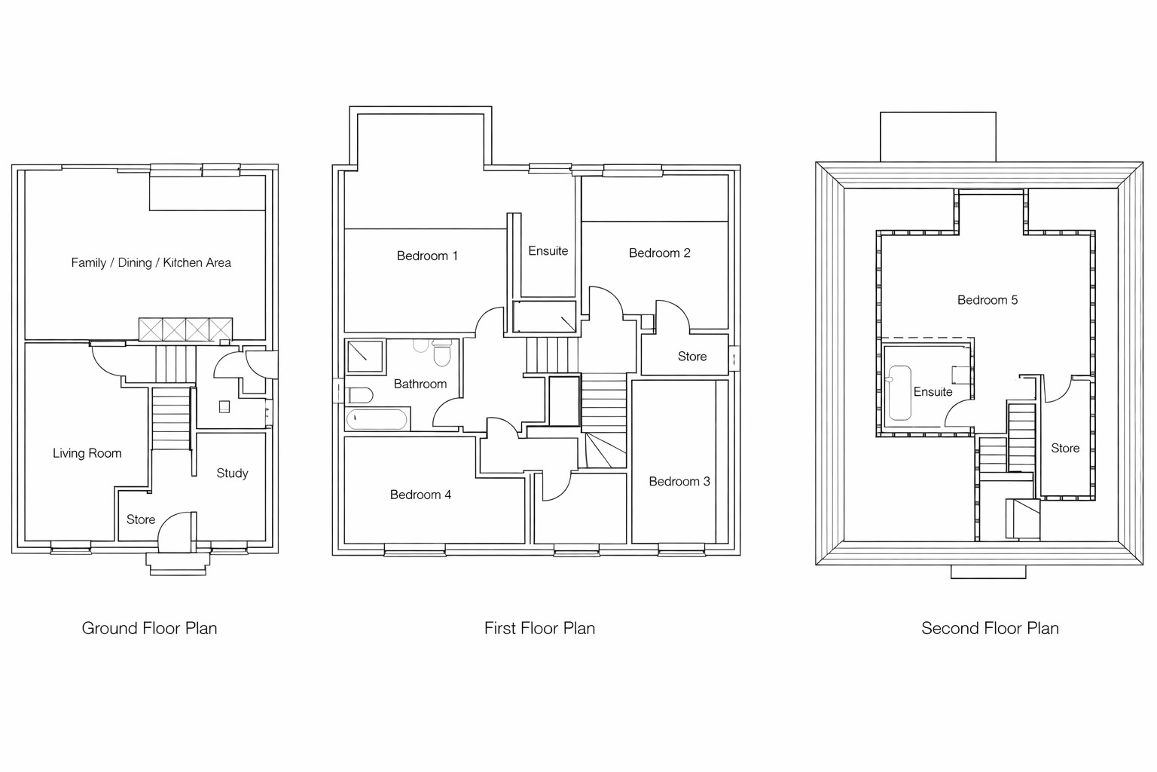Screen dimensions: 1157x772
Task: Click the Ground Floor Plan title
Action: click(149, 628)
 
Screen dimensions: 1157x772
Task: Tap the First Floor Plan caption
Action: click(539, 628)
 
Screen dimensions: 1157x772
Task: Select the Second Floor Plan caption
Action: click(991, 628)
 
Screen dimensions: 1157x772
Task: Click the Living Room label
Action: click(87, 454)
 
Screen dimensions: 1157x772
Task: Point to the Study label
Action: click(233, 473)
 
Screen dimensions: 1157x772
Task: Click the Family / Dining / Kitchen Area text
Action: click(151, 262)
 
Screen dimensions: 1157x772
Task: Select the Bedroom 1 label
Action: click(427, 256)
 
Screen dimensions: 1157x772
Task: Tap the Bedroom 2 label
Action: click(660, 253)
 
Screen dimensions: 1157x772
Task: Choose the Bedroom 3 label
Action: click(679, 482)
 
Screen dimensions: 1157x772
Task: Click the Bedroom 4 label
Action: click(420, 495)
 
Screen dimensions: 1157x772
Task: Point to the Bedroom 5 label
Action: click(988, 300)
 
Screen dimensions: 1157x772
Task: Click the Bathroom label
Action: click(420, 384)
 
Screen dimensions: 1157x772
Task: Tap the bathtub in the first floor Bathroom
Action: click(377, 419)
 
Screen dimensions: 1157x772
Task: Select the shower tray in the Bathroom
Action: click(366, 357)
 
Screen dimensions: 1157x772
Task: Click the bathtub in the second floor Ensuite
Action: click(900, 393)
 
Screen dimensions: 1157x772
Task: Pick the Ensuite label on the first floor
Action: click(548, 251)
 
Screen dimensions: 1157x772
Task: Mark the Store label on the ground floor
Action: click(141, 519)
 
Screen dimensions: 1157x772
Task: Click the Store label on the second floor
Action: click(1065, 449)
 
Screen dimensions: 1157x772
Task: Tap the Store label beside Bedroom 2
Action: click(692, 357)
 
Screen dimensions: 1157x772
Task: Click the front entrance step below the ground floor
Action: click(179, 564)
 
